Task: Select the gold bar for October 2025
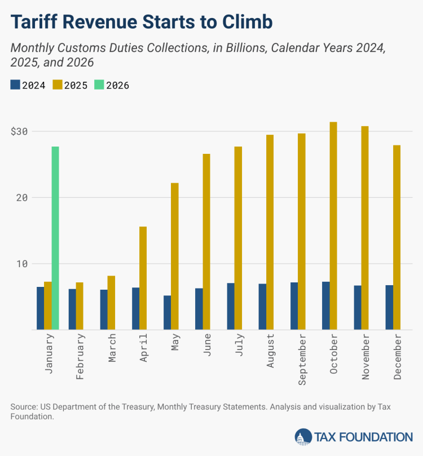point(333,225)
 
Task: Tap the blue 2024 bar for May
point(168,312)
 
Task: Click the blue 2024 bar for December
point(389,307)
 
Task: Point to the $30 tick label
point(20,131)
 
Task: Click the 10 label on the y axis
point(22,264)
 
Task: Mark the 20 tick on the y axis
point(22,198)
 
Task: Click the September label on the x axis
point(302,359)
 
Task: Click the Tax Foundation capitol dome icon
point(303,437)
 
